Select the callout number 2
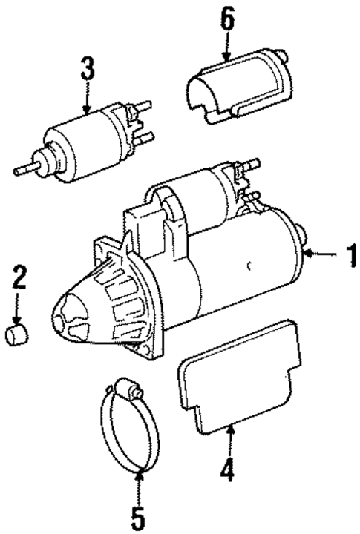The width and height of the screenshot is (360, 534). pyautogui.click(x=18, y=279)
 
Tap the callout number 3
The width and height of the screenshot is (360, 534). pyautogui.click(x=88, y=71)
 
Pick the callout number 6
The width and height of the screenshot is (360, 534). pyautogui.click(x=226, y=19)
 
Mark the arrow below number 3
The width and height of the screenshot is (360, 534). pyautogui.click(x=88, y=100)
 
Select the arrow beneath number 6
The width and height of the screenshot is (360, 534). pyautogui.click(x=226, y=46)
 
